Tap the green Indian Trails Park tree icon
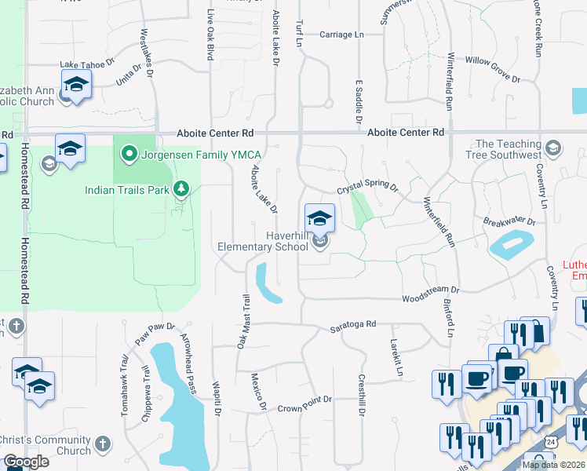click(181, 188)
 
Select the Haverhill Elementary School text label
click(263, 241)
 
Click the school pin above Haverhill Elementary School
click(319, 217)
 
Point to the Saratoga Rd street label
click(352, 323)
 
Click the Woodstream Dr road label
click(430, 299)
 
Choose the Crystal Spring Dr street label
click(368, 188)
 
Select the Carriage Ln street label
click(342, 35)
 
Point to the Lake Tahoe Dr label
click(87, 64)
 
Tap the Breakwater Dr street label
click(509, 221)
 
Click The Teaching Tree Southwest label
click(509, 149)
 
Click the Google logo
click(26, 462)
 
